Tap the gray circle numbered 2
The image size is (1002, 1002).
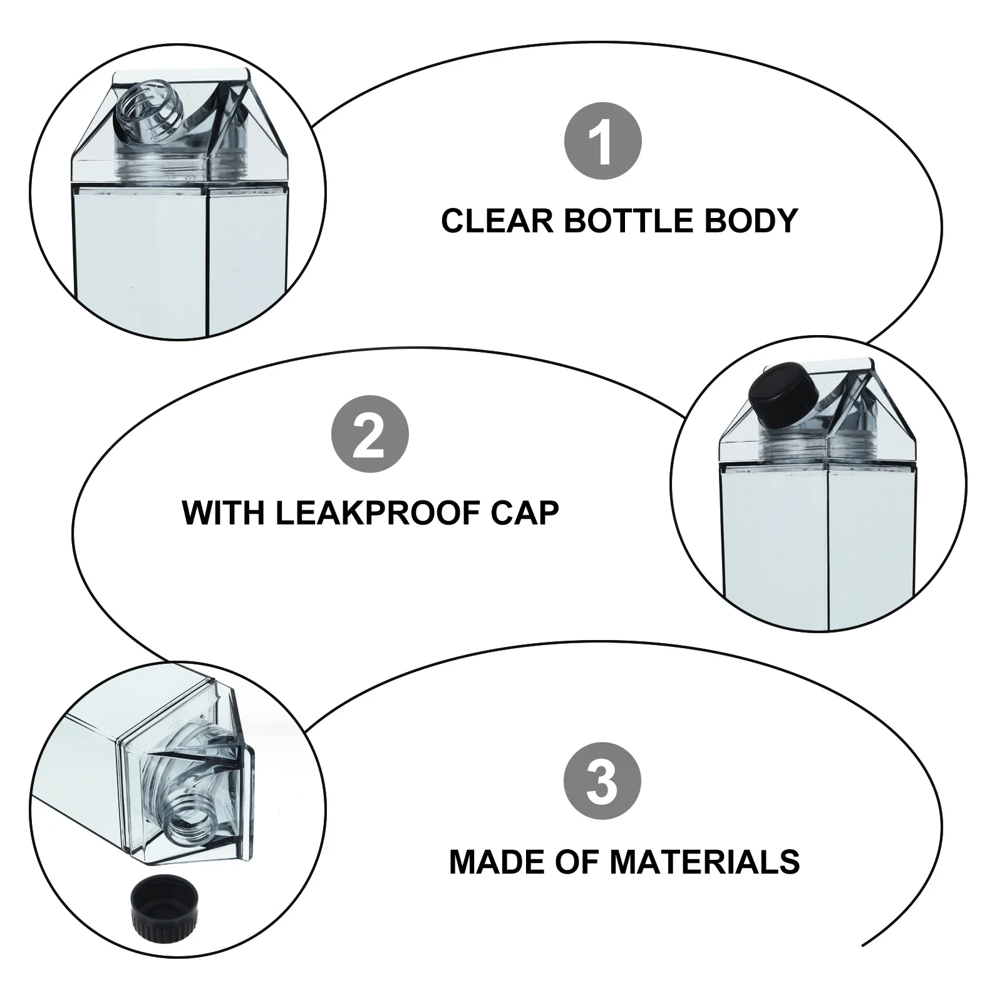click(x=369, y=434)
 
